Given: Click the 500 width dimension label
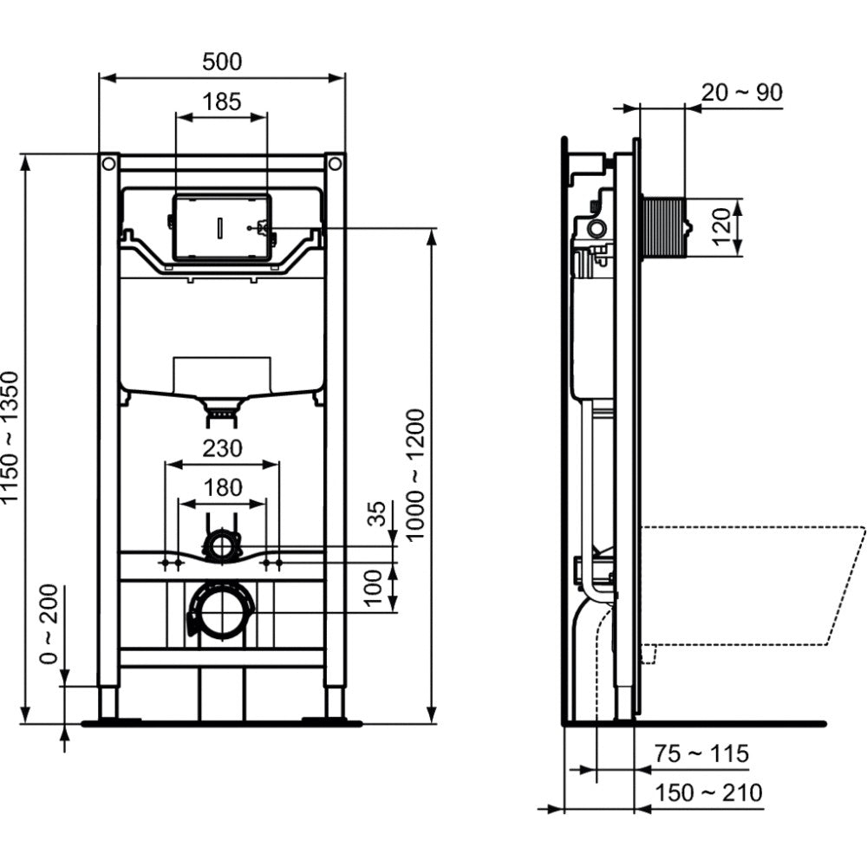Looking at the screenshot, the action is (x=222, y=62).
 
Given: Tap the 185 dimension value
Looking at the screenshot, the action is (x=222, y=101).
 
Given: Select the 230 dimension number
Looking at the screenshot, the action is (x=222, y=448).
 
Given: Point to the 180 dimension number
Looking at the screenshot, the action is (x=222, y=487).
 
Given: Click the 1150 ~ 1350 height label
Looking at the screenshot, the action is (x=11, y=437).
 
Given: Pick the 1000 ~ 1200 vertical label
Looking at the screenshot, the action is (x=414, y=474).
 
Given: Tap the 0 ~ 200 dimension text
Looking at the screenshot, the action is (x=49, y=623).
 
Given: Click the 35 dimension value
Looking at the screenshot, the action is (x=376, y=514).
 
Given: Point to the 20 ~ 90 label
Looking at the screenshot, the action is (x=741, y=93).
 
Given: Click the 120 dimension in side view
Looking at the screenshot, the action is (x=721, y=226).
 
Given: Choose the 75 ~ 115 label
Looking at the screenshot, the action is (x=701, y=753).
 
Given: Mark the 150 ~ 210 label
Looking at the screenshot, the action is (x=708, y=793).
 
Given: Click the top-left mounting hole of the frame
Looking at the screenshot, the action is (x=109, y=164).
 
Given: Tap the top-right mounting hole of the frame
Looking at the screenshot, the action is (x=335, y=164).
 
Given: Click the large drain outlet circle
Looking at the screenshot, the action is (x=222, y=612).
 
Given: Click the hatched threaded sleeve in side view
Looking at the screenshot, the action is (x=662, y=226).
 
